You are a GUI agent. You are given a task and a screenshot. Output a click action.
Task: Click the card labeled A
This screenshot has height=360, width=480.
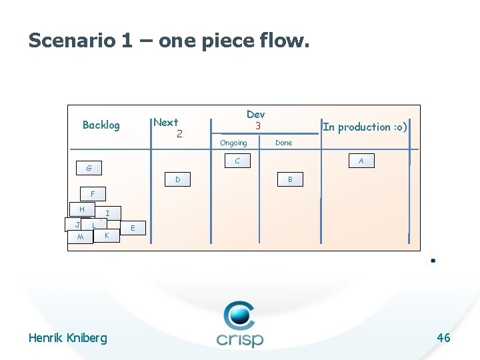(361, 161)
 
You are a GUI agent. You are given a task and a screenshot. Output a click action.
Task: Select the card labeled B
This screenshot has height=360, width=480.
(290, 179)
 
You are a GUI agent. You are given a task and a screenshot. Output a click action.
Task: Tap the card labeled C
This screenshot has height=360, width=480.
(237, 161)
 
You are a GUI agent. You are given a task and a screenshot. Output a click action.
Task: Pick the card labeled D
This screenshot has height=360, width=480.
(177, 179)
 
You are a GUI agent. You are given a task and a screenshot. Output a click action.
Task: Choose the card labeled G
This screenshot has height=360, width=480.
(89, 167)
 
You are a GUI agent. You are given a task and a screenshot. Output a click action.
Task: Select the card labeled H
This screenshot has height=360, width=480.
(82, 209)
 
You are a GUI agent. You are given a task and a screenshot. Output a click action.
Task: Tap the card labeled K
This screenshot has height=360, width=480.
(107, 236)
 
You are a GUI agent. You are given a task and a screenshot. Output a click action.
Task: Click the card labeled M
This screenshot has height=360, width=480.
(80, 237)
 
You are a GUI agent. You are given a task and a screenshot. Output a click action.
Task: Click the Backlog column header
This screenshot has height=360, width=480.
(101, 125)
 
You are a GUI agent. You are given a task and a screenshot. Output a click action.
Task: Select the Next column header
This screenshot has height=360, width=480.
(165, 122)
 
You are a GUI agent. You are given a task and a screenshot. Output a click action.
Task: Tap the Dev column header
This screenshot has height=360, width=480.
(255, 115)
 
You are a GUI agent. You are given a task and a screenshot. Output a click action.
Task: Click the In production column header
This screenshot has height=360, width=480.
(365, 127)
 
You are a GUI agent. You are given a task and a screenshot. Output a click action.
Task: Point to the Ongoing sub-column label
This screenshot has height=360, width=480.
(233, 143)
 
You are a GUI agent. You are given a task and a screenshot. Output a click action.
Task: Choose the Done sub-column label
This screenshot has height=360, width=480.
(283, 143)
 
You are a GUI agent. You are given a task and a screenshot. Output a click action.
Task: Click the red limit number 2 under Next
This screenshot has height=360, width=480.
(179, 134)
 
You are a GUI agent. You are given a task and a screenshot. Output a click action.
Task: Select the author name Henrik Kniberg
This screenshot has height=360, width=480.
(67, 338)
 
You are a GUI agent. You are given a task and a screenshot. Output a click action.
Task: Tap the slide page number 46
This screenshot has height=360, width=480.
(443, 338)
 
